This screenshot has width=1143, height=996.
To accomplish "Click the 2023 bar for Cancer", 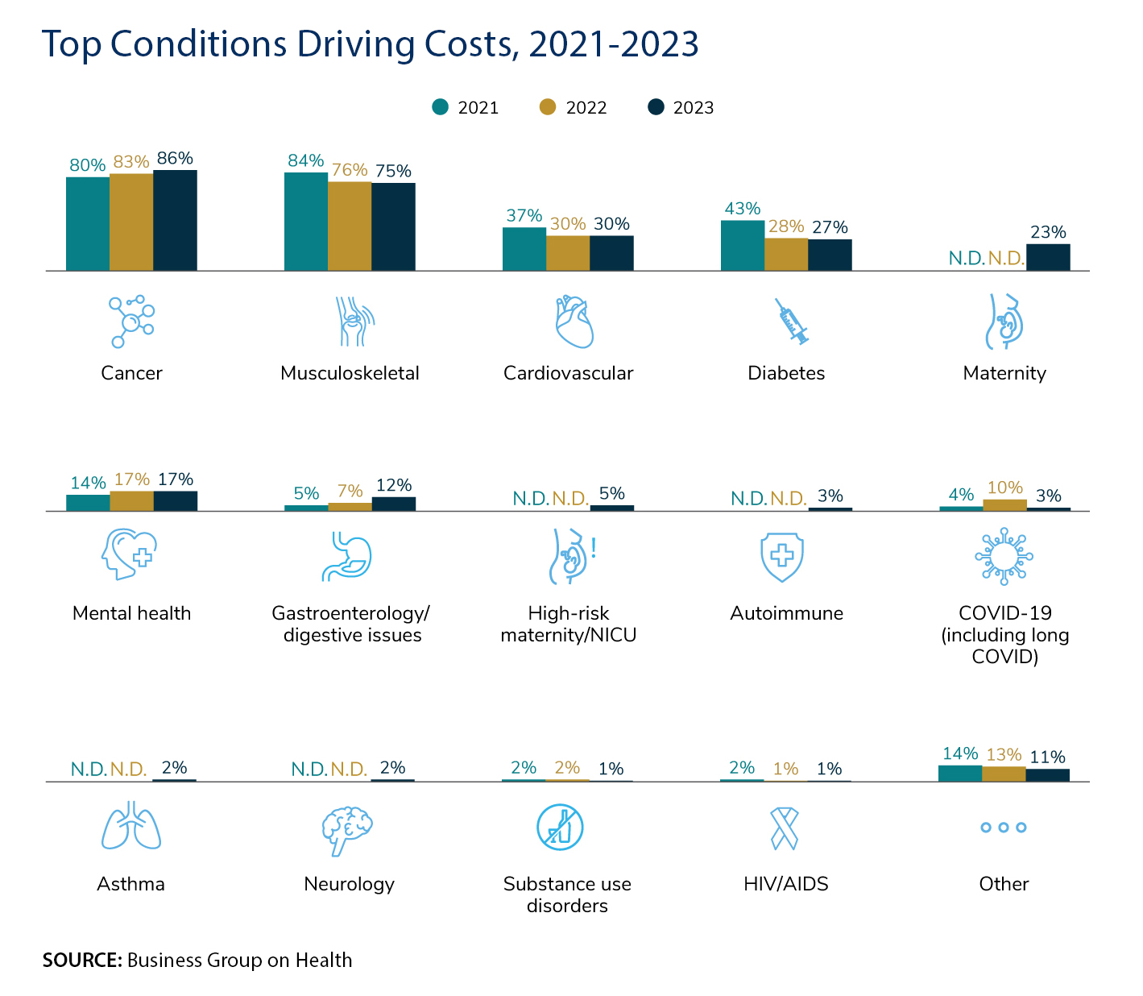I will pyautogui.click(x=175, y=220).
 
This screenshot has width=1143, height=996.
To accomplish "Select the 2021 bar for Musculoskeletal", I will pyautogui.click(x=306, y=222).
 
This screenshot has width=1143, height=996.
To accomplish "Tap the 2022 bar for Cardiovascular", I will pyautogui.click(x=568, y=253).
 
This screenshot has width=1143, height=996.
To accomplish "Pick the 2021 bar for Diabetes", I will pyautogui.click(x=743, y=245).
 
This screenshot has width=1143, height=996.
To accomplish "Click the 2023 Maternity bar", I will pyautogui.click(x=1048, y=257).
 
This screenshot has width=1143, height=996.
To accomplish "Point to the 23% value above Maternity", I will pyautogui.click(x=1048, y=233).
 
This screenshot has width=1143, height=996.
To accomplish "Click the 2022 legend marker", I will pyautogui.click(x=549, y=107).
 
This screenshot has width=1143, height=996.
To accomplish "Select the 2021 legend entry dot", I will pyautogui.click(x=440, y=107).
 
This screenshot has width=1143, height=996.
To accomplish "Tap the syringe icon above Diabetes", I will pyautogui.click(x=791, y=322).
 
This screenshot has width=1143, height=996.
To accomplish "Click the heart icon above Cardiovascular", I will pyautogui.click(x=574, y=322).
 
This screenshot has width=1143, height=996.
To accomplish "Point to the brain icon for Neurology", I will pyautogui.click(x=347, y=829).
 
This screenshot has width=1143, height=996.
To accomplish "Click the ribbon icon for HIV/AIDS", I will pyautogui.click(x=785, y=828).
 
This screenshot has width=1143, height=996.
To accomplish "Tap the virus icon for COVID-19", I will pyautogui.click(x=1004, y=556).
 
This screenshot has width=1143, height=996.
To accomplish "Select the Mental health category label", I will pyautogui.click(x=132, y=613).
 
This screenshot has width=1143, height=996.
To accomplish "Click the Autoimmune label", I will pyautogui.click(x=786, y=613).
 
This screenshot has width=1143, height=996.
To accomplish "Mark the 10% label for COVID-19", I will pyautogui.click(x=1004, y=488).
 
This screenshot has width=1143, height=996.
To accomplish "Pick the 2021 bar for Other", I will pyautogui.click(x=960, y=774).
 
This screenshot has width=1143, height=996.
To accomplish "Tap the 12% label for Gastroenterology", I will pyautogui.click(x=394, y=485).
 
